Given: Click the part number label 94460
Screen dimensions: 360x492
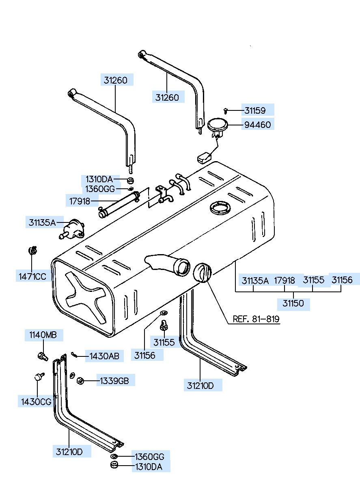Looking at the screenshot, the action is pyautogui.click(x=257, y=125).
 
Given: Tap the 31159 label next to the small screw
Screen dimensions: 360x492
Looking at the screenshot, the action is pyautogui.click(x=255, y=110).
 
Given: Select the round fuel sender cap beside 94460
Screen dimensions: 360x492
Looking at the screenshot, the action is pyautogui.click(x=218, y=125).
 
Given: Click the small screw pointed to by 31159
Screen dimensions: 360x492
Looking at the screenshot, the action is pyautogui.click(x=225, y=110).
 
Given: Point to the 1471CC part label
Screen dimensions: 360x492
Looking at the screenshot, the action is pyautogui.click(x=32, y=276).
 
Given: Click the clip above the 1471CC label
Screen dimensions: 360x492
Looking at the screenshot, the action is pyautogui.click(x=33, y=250).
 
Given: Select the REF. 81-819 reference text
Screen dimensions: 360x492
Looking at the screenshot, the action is pyautogui.click(x=256, y=319).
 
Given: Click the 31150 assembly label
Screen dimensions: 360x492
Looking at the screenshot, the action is pyautogui.click(x=293, y=303).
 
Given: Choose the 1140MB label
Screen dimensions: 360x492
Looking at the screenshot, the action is pyautogui.click(x=43, y=335).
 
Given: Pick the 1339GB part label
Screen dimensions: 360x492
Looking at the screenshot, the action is pyautogui.click(x=114, y=381).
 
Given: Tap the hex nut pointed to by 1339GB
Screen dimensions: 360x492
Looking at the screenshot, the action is pyautogui.click(x=80, y=381).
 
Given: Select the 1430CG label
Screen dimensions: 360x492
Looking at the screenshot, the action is pyautogui.click(x=36, y=402).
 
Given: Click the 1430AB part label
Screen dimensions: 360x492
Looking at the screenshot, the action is pyautogui.click(x=104, y=356).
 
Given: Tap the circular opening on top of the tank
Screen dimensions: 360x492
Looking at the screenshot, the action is pyautogui.click(x=220, y=207).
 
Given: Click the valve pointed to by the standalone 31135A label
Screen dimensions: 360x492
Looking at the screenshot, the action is pyautogui.click(x=72, y=229).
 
